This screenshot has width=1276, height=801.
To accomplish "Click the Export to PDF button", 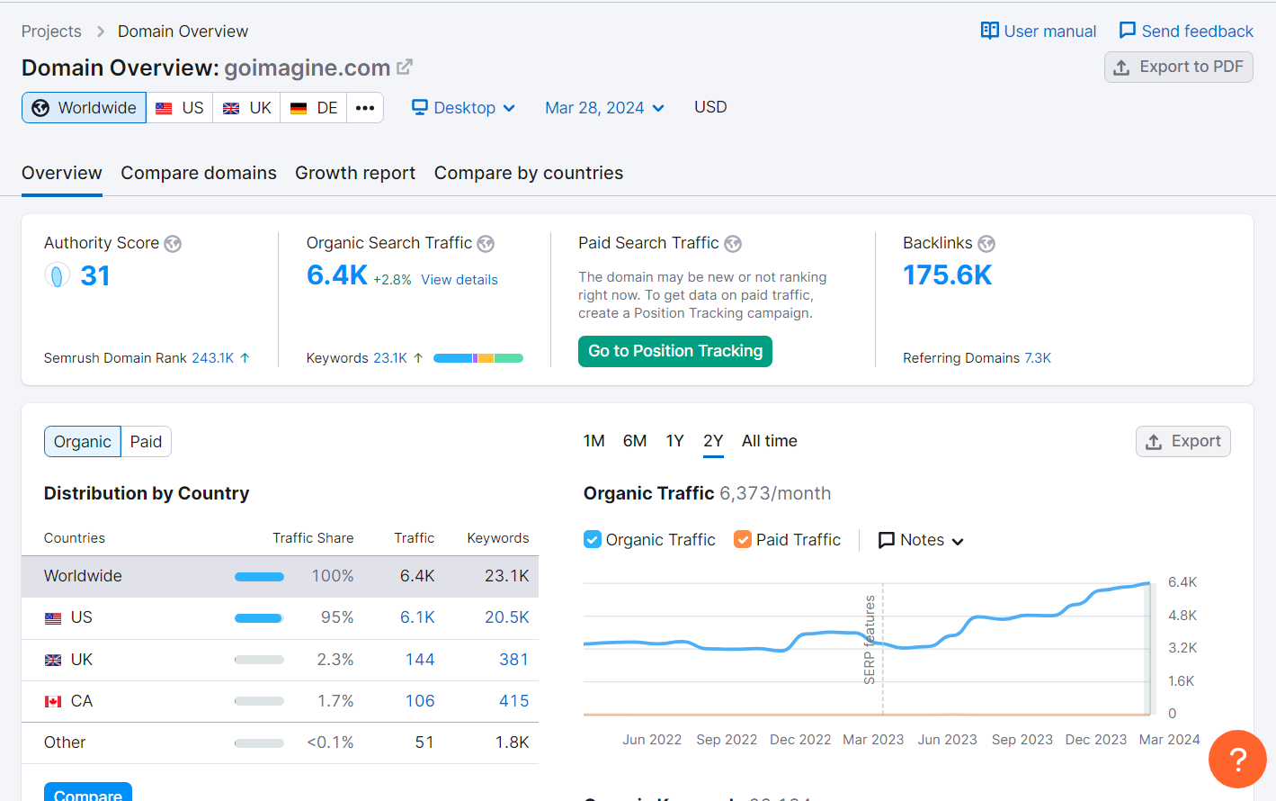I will [x=1178, y=67].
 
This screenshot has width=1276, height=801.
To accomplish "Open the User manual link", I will [x=1039, y=31].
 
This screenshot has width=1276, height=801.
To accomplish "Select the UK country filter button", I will [x=247, y=108].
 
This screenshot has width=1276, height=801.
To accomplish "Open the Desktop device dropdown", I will [x=463, y=108].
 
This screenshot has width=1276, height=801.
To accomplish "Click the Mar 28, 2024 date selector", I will [x=604, y=108].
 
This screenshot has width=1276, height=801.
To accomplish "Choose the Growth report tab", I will [x=355, y=173].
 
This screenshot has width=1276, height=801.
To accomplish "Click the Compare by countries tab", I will [x=529, y=173].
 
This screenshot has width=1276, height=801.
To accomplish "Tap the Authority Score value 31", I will [x=95, y=275].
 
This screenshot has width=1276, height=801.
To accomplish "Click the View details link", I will [x=460, y=280].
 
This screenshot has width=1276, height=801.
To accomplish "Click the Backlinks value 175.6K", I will [x=947, y=275].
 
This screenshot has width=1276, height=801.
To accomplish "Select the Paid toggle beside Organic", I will [x=146, y=442].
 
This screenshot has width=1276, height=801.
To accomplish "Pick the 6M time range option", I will [x=635, y=441].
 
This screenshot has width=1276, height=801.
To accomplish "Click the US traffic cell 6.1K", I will [x=417, y=617].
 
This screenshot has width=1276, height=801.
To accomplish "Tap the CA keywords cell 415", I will [x=513, y=701].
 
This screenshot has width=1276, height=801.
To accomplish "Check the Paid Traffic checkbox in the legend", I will [x=743, y=539].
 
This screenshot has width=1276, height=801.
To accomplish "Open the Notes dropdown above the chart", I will [x=921, y=540].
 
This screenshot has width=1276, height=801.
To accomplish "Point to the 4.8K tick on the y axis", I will [x=1182, y=616].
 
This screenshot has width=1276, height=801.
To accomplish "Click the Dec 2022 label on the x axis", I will [x=800, y=740].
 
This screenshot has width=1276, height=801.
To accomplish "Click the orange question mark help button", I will [x=1237, y=759].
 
